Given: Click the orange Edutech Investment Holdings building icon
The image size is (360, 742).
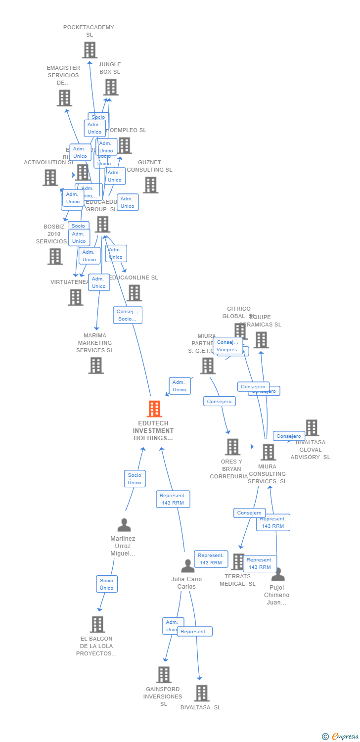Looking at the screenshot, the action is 154,409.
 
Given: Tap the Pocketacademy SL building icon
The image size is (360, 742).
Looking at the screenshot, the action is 90,50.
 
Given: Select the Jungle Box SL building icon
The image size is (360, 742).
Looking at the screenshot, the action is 111,87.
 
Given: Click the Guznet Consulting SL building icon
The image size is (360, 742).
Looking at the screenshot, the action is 151,185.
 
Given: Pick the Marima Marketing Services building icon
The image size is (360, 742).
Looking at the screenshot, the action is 96,366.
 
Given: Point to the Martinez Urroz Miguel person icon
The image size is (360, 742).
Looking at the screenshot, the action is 124,525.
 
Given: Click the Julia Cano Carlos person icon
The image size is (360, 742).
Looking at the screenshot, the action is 188,566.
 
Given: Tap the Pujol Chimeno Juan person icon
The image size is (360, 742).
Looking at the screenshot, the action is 278,574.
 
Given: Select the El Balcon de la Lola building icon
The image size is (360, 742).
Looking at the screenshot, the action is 97,624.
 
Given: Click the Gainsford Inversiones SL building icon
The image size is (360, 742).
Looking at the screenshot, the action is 164,675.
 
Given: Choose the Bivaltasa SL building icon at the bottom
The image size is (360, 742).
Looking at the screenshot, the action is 202,693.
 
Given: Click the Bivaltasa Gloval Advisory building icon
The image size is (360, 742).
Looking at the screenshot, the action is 312,428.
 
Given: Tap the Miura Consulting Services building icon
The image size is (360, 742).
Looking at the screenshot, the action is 268,452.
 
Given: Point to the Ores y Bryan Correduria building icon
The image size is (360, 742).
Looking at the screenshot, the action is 232,447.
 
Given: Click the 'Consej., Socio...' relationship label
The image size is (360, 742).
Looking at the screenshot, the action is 128,315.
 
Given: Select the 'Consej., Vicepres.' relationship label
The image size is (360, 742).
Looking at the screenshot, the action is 228,346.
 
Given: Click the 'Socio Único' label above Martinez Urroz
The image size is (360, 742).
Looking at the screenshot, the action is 135,479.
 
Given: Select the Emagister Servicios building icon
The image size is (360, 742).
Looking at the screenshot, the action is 64,98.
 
